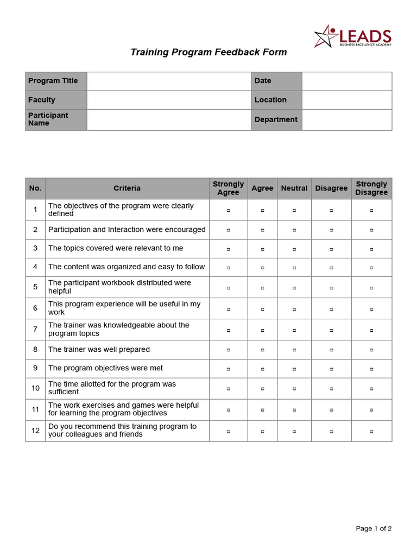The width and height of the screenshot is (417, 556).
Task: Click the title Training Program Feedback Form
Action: [x=208, y=52]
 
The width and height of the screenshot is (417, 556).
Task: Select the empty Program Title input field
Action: [x=169, y=81]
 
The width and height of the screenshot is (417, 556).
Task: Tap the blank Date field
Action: [x=346, y=81]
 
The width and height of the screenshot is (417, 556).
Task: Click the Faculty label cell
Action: [x=56, y=100]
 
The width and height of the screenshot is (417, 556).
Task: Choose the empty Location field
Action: [x=346, y=100]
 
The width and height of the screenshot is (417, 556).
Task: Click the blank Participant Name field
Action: [x=169, y=119]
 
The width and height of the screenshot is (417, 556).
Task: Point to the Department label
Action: [x=276, y=119]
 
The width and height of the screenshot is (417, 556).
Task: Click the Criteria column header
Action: [x=127, y=188]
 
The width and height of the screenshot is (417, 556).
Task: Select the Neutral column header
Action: [x=294, y=188]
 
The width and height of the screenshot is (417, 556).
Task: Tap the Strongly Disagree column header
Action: [x=371, y=188]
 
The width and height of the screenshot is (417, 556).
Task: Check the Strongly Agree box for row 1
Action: [x=228, y=210]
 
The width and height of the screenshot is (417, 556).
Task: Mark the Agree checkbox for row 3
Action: [x=262, y=249]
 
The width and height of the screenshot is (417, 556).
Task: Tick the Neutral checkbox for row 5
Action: [x=294, y=287]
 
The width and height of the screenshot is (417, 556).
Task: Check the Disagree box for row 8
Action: [x=331, y=350]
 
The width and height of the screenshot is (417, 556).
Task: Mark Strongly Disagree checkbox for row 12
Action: [x=371, y=431]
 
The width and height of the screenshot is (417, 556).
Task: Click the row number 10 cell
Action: [x=35, y=388]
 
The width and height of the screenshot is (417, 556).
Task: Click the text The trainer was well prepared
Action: [x=99, y=350]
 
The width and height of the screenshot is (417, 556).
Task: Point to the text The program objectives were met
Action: [x=105, y=368]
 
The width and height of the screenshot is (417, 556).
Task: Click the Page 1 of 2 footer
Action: [x=374, y=528]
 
